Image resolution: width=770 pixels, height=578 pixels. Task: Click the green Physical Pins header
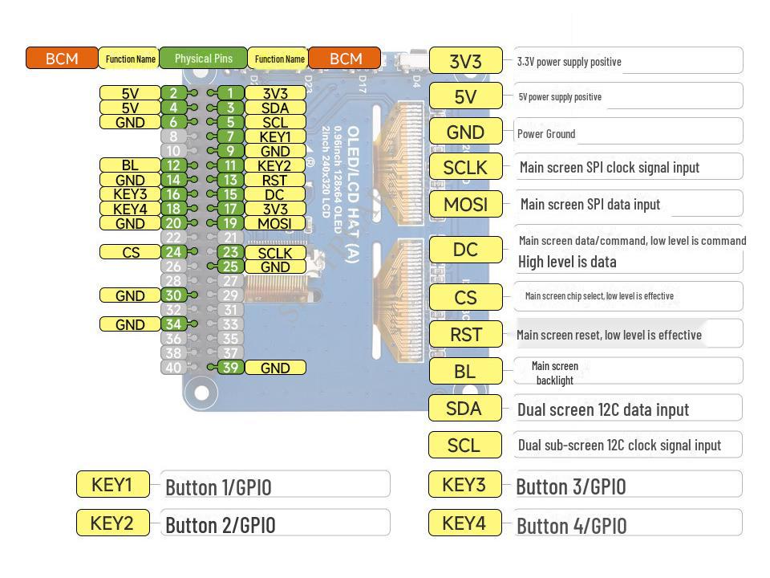(203, 59)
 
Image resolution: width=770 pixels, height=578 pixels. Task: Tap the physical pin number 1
(230, 93)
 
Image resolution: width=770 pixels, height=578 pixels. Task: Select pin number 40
(173, 368)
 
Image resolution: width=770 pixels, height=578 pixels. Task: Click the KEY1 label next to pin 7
(275, 136)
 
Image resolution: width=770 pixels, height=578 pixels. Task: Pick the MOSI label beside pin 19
(275, 223)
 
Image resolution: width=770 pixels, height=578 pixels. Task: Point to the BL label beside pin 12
(130, 165)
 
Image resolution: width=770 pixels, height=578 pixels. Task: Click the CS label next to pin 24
(130, 252)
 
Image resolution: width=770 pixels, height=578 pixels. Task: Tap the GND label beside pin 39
(275, 368)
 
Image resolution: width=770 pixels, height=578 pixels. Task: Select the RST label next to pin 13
(275, 180)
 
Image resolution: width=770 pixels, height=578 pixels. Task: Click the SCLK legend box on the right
(465, 167)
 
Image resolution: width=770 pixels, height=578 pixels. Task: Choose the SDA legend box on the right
(464, 409)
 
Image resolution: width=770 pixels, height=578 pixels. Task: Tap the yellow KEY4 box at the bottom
(464, 523)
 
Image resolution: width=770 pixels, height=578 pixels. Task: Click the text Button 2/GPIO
(220, 525)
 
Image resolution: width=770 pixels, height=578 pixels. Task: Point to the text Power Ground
(546, 134)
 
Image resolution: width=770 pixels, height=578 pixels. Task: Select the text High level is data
(567, 262)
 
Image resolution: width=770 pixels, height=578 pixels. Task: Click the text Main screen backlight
(554, 373)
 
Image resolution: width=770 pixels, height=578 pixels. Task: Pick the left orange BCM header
(62, 59)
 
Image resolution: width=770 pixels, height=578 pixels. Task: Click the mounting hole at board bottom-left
(201, 393)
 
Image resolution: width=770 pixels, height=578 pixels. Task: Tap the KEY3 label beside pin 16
(130, 194)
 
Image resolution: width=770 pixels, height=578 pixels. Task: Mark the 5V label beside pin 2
(130, 93)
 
